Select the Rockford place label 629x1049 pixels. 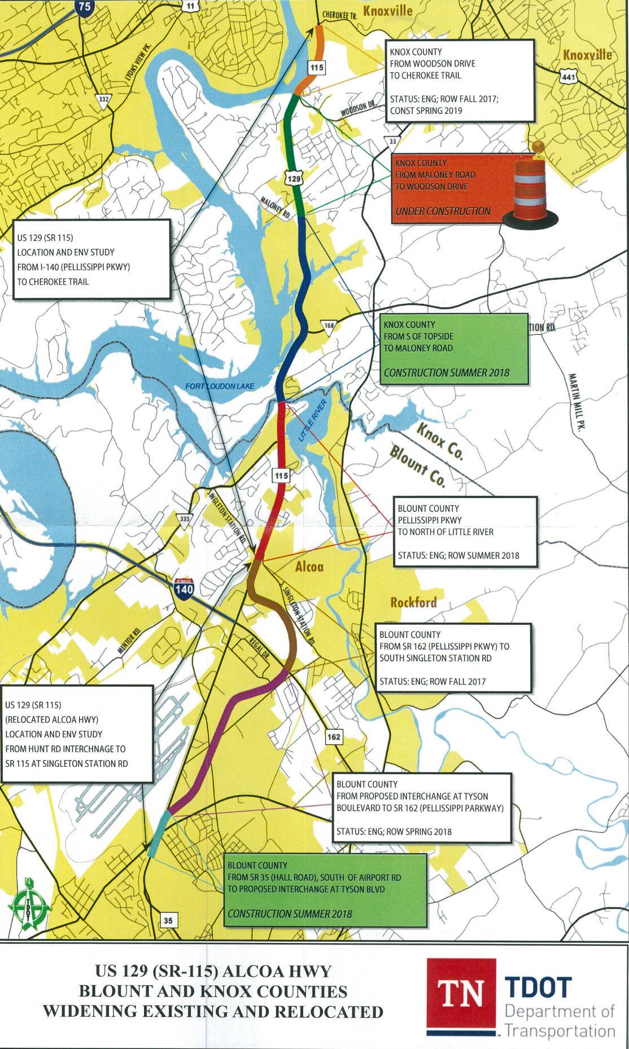tap(413, 602)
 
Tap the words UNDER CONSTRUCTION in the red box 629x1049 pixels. tap(443, 211)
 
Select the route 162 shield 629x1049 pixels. tap(333, 737)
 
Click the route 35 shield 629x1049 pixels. tap(168, 921)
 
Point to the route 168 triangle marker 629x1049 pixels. tap(329, 326)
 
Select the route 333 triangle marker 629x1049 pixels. tap(185, 520)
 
